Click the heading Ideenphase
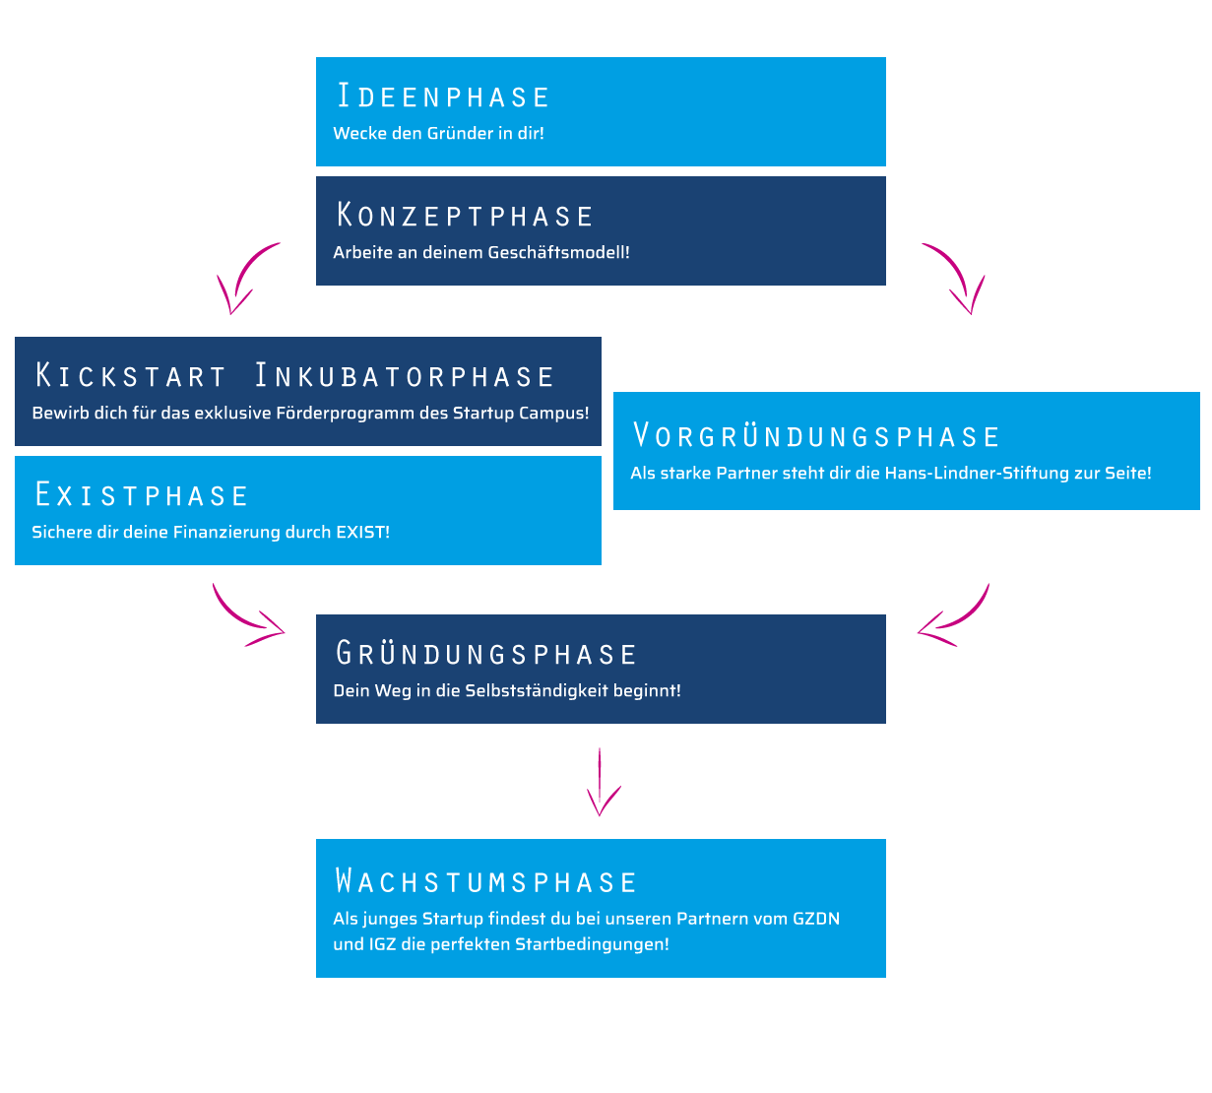pos(443,96)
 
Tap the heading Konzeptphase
pos(465,216)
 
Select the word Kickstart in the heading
pos(131,376)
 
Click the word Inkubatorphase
pos(405,376)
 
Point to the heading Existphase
pos(141,495)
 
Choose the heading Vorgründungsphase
pos(816,436)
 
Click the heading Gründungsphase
pos(486,654)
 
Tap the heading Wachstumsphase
pos(486,881)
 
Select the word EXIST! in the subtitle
pos(362,532)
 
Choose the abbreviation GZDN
pos(816,919)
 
